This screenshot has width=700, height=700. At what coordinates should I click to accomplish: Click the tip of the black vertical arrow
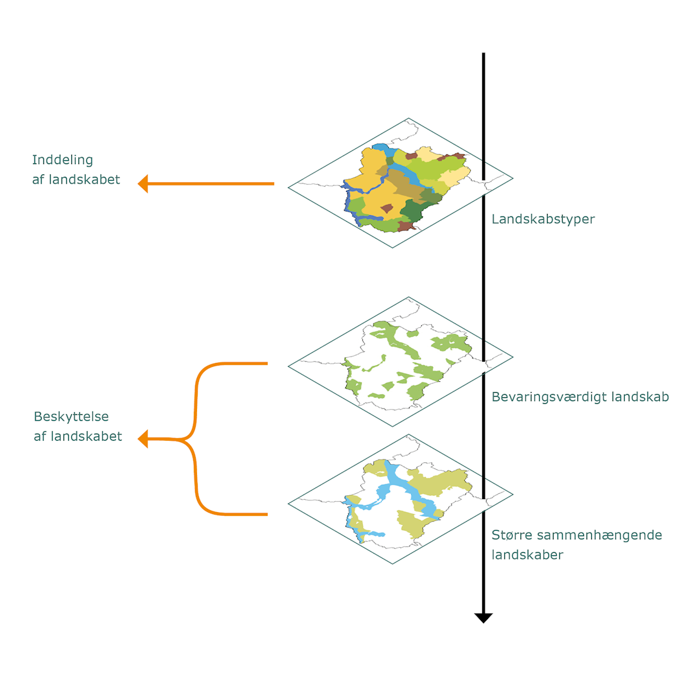pyautogui.click(x=483, y=623)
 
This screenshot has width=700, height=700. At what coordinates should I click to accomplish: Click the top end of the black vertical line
pyautogui.click(x=484, y=52)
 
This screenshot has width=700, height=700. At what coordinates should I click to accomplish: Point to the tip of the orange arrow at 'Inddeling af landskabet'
pyautogui.click(x=138, y=183)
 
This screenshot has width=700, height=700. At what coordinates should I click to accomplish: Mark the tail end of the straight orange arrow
pyautogui.click(x=274, y=183)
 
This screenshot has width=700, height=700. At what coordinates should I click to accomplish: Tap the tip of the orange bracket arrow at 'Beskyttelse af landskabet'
pyautogui.click(x=138, y=439)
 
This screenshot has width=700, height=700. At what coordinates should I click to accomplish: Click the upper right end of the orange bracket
pyautogui.click(x=268, y=364)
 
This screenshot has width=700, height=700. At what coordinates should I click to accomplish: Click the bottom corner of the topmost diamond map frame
pyautogui.click(x=392, y=248)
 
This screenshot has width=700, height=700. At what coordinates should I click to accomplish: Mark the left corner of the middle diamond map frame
pyautogui.click(x=288, y=366)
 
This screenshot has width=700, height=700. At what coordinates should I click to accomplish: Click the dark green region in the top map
pyautogui.click(x=412, y=211)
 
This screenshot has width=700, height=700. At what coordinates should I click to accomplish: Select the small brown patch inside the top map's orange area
pyautogui.click(x=386, y=208)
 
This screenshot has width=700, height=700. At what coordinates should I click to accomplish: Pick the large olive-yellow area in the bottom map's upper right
pyautogui.click(x=439, y=483)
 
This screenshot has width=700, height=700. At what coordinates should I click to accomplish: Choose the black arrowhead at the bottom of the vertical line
pyautogui.click(x=483, y=618)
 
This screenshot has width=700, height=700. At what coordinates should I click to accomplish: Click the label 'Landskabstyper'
pyautogui.click(x=543, y=219)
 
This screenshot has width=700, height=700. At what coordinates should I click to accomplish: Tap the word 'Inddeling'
pyautogui.click(x=62, y=160)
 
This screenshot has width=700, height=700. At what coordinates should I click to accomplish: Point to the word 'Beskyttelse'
pyautogui.click(x=71, y=417)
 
